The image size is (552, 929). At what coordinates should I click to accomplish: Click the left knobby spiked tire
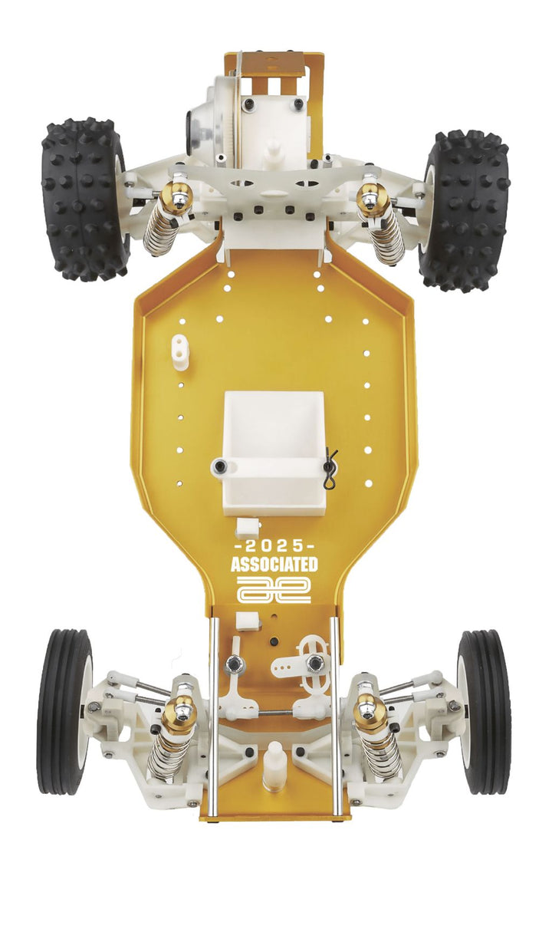coord(84,199)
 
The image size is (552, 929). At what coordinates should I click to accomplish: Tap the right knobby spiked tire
coord(466,209)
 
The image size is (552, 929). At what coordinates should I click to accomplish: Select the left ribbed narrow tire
coord(64,710)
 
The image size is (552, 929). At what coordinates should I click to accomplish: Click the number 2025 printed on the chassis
coord(274,545)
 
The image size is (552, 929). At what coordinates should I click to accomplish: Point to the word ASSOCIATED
coord(274,565)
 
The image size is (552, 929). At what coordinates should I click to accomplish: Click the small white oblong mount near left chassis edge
coord(180,351)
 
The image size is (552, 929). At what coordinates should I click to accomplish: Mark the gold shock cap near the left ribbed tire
coord(180,713)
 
